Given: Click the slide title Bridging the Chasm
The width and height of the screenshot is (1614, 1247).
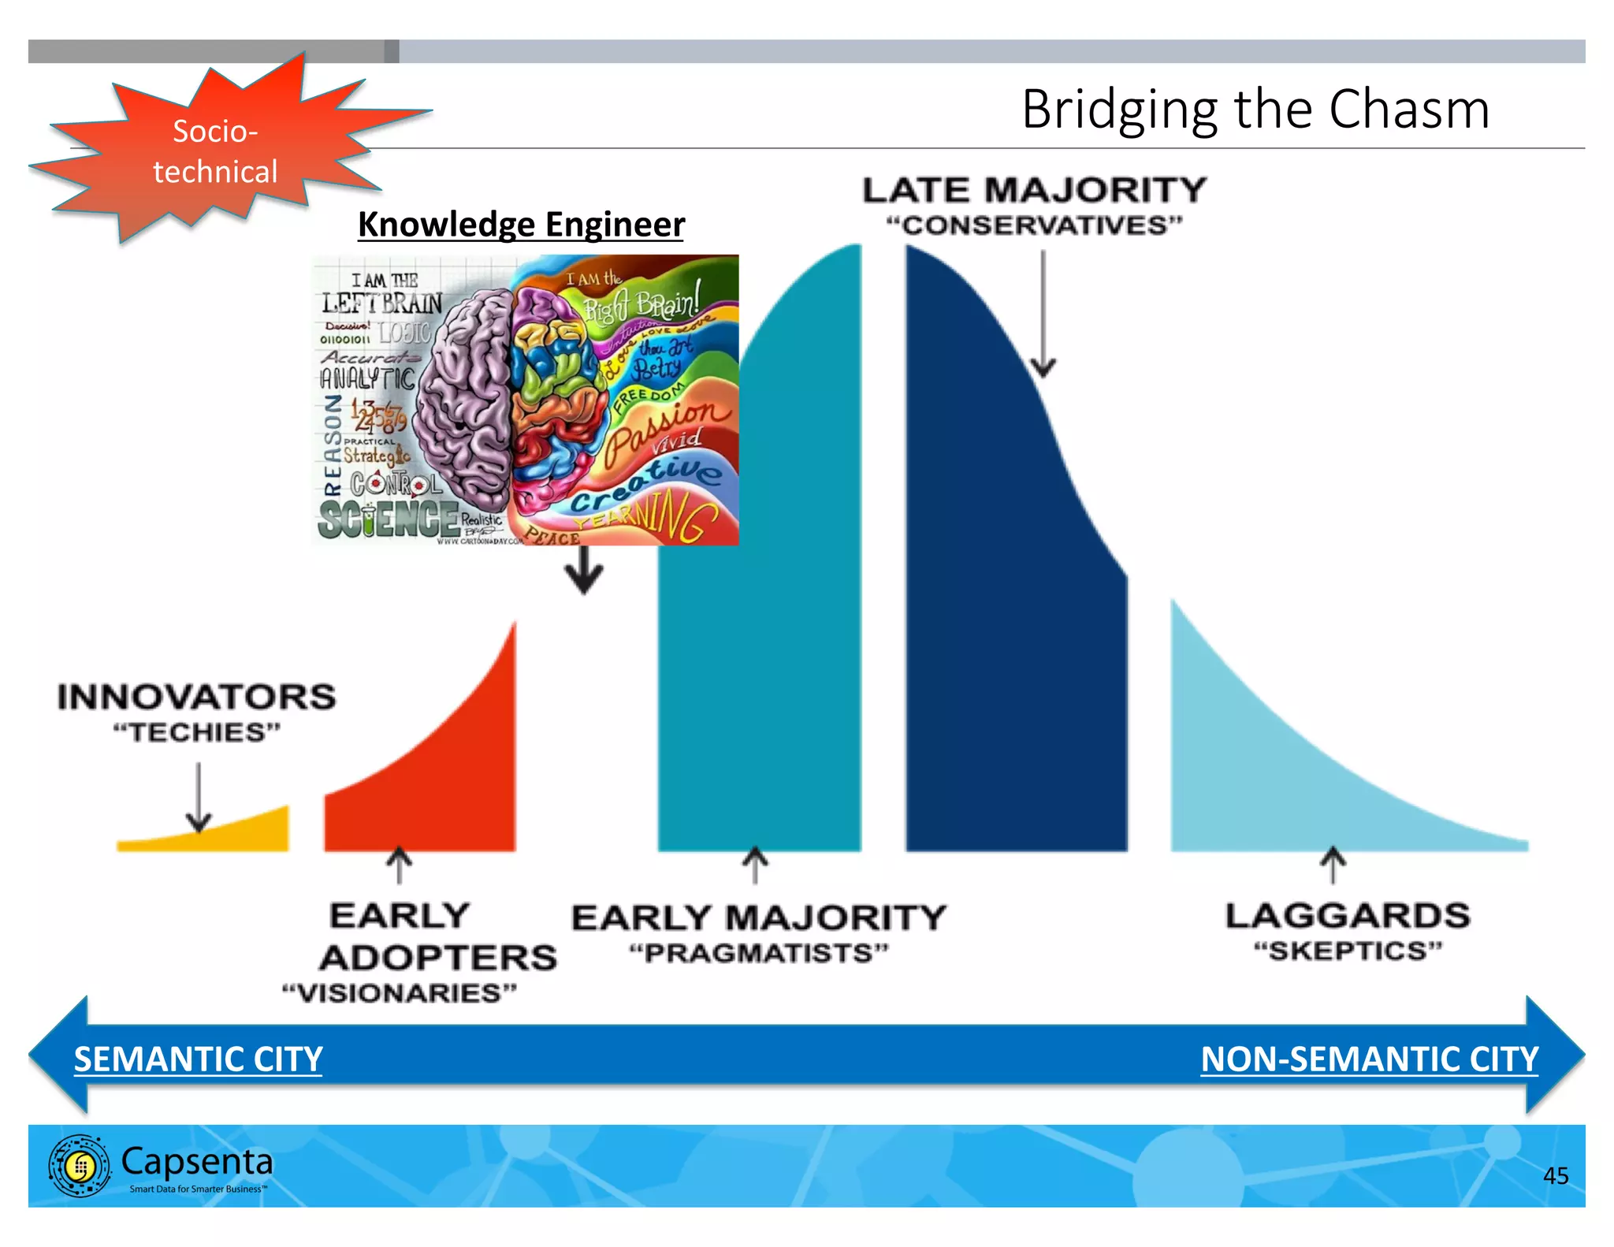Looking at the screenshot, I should click(x=1255, y=109).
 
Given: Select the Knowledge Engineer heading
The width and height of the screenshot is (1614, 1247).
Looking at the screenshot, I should click(x=521, y=224).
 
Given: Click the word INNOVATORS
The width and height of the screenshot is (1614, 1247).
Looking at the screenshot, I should click(x=196, y=697).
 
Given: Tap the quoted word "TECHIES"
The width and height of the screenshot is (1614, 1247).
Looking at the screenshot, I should click(x=196, y=732).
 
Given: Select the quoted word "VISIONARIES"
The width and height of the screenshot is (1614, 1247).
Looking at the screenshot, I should click(x=400, y=992).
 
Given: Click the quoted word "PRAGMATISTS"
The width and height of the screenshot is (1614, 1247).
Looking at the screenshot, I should click(x=758, y=953).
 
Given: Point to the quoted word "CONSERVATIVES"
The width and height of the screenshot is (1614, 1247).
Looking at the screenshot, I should click(x=1034, y=225).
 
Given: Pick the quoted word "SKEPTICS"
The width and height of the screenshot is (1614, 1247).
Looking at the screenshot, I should click(x=1348, y=951).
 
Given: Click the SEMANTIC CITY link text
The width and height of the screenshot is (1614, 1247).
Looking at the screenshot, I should click(x=198, y=1059).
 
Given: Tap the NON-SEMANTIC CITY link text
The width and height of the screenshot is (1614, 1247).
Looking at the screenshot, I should click(x=1369, y=1059).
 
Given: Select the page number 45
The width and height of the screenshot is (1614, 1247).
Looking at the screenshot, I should click(x=1555, y=1175).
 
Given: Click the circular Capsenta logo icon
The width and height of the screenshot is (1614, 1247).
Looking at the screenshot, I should click(x=79, y=1166).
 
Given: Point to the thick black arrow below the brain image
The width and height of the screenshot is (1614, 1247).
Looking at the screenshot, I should click(x=584, y=571).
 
